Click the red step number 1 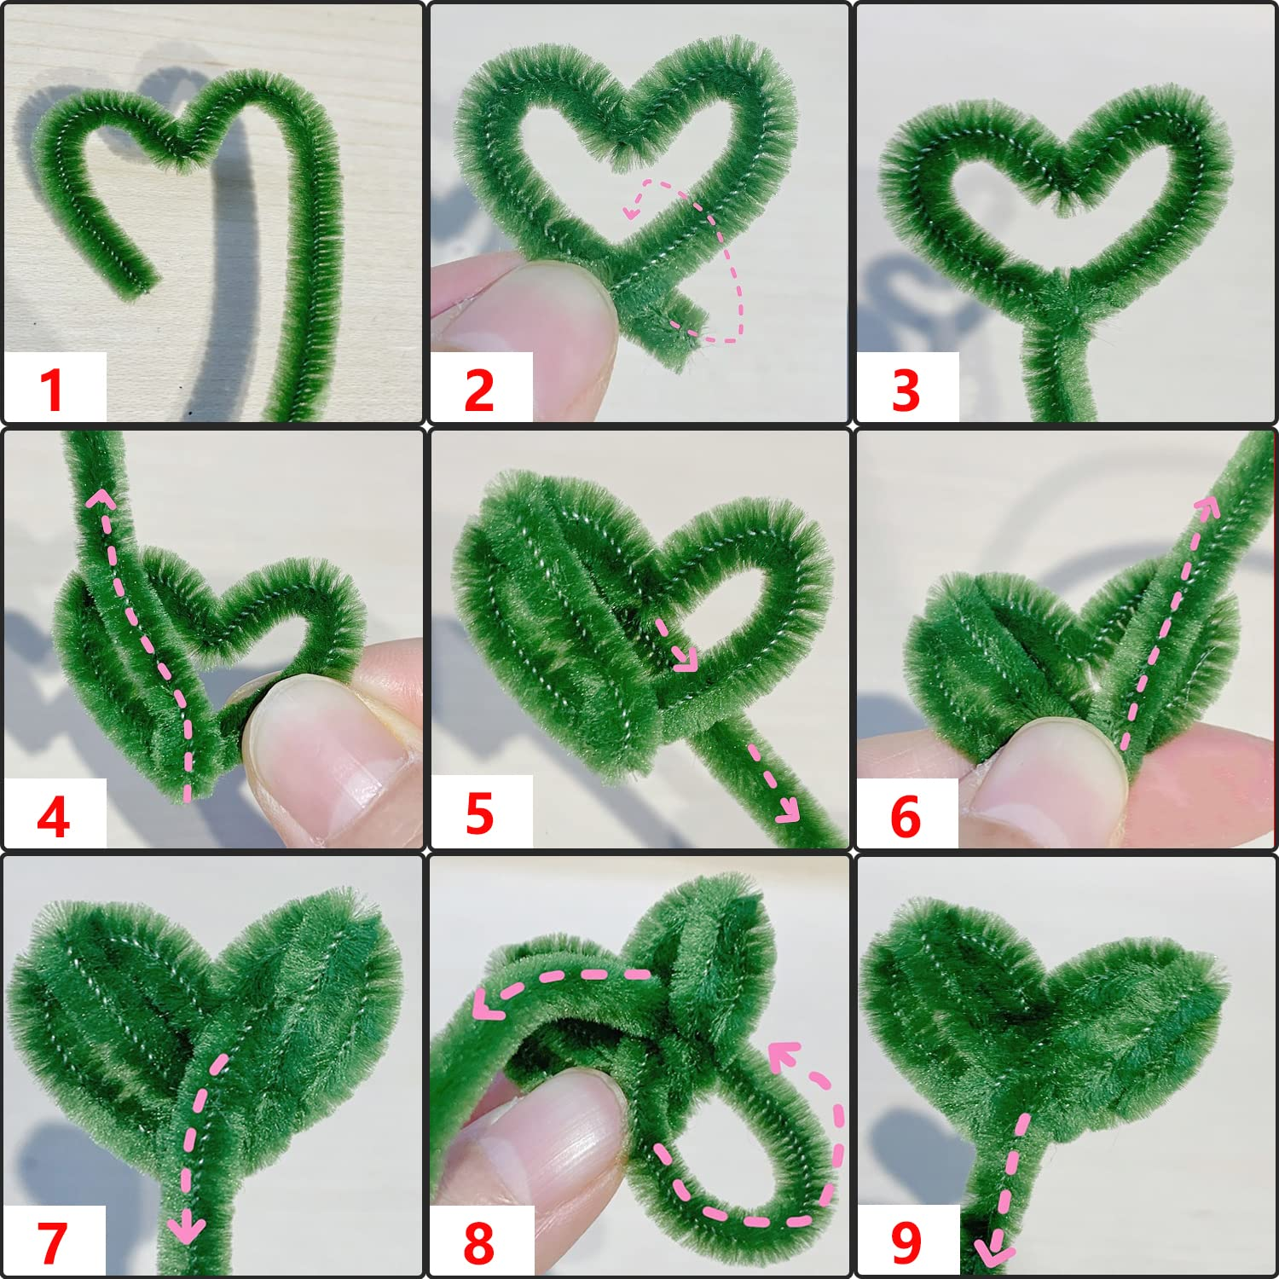[x=52, y=391]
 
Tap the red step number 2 [x=479, y=391]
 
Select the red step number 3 [x=906, y=391]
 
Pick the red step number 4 [x=53, y=816]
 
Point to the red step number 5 [x=479, y=813]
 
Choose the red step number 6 [x=906, y=816]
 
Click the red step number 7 [x=52, y=1242]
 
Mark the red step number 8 [x=479, y=1242]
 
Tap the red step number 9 [x=906, y=1242]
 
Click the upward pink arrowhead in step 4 [x=101, y=497]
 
